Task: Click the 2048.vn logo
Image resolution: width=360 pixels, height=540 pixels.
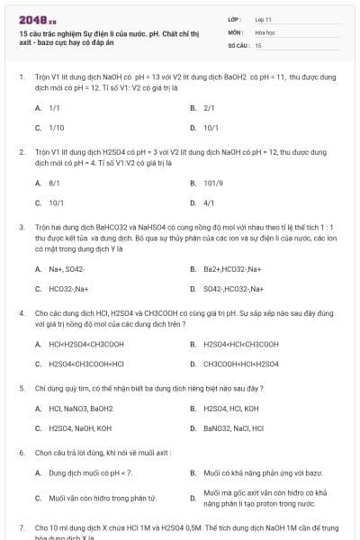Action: pos(38,19)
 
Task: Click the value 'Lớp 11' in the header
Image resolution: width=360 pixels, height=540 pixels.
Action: pos(264,18)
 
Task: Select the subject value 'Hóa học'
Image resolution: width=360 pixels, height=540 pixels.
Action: pos(265,31)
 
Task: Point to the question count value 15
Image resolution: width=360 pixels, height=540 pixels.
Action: pos(258,44)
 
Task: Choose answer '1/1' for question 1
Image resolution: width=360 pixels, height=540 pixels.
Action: pos(54,107)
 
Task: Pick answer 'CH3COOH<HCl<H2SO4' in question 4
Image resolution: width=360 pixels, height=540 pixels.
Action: pos(240,364)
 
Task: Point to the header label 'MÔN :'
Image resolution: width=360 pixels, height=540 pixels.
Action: pos(236,31)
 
